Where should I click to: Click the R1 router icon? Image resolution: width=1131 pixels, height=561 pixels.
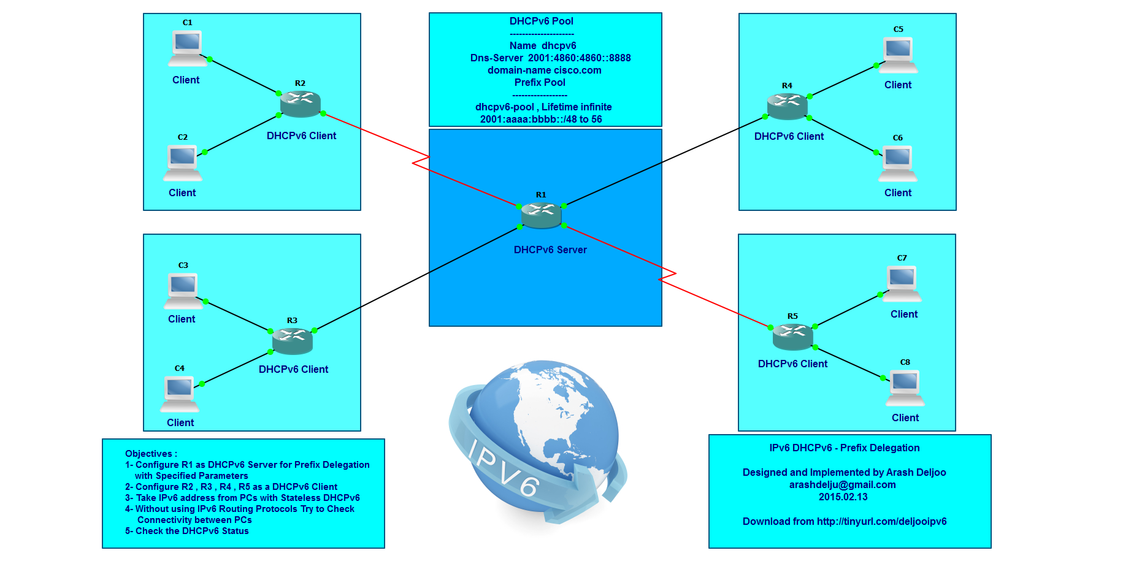point(541,215)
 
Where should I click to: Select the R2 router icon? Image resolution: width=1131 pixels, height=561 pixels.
point(301,104)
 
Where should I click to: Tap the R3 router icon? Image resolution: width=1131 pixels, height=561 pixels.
point(293,341)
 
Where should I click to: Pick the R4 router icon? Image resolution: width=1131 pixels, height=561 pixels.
point(787,106)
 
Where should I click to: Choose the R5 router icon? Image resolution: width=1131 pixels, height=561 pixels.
point(792,337)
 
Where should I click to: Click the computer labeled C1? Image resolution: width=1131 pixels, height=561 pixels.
point(187,48)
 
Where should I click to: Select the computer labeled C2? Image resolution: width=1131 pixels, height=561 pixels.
point(183,162)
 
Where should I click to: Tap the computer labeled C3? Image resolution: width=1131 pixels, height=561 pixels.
point(183,291)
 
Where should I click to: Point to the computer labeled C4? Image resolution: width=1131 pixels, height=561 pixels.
point(180,394)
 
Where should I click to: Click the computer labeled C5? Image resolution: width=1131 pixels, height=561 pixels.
point(899,55)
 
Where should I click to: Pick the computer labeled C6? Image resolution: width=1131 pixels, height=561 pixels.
point(897,163)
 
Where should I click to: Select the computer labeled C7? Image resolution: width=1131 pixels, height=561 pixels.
point(902,283)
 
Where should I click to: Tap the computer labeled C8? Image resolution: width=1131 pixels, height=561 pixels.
point(905,387)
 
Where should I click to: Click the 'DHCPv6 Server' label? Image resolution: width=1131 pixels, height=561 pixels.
point(550,250)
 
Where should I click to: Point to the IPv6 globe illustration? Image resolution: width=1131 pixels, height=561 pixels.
point(537,441)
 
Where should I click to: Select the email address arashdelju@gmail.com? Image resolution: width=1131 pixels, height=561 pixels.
point(842,484)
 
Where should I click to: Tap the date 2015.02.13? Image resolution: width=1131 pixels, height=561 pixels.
point(843,497)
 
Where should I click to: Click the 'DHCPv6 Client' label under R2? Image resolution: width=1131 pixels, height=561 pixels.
point(301,135)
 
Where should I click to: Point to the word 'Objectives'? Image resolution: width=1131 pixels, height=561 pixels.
point(149,454)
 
